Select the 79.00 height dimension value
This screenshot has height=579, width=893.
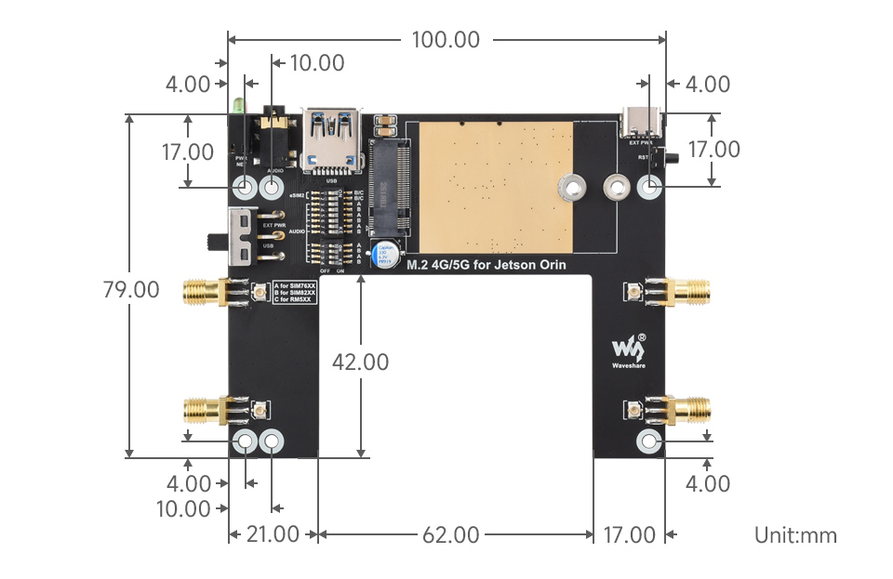(x=130, y=289)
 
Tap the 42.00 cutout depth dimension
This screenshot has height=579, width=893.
(x=360, y=362)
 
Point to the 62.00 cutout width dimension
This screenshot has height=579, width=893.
(x=450, y=534)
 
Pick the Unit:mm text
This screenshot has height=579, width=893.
(x=795, y=535)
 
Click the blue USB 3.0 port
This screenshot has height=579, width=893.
(x=332, y=139)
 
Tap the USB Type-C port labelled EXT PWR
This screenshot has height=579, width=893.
(x=642, y=122)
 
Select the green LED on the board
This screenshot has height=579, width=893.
(x=240, y=105)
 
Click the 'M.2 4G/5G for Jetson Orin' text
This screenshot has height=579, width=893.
(x=485, y=265)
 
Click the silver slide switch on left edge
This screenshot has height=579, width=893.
(x=240, y=236)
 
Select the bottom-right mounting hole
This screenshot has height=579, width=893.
(x=648, y=442)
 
